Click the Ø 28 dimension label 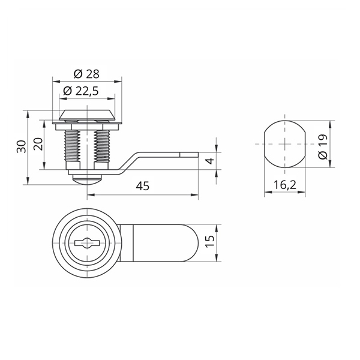[x=86, y=74]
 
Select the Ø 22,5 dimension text [x=81, y=91]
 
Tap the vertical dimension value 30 [x=22, y=146]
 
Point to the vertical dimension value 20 [x=38, y=144]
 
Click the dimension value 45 [x=143, y=186]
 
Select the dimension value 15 [x=210, y=241]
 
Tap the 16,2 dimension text [x=284, y=185]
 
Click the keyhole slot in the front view [x=86, y=242]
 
